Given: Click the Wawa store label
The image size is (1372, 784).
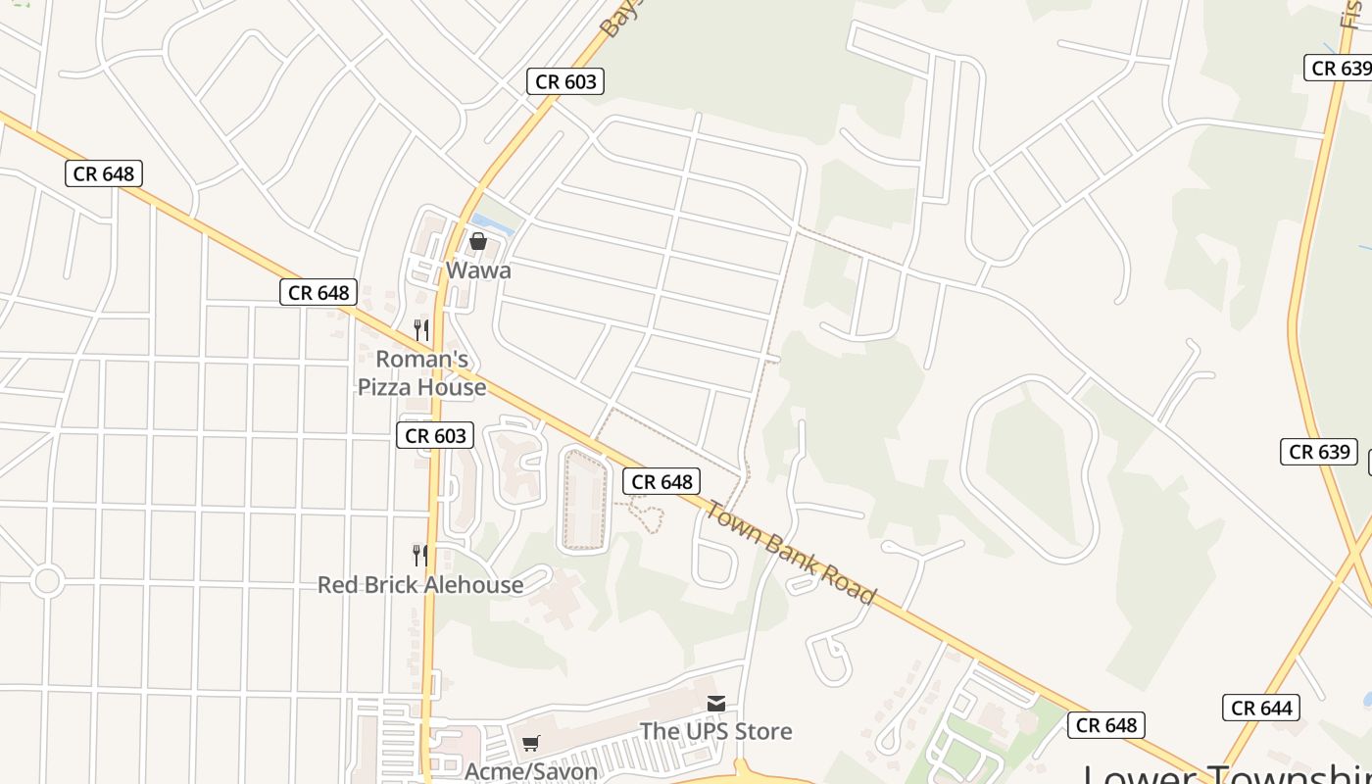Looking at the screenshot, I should point(478,269).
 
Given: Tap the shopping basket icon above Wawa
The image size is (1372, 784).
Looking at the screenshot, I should point(478,241).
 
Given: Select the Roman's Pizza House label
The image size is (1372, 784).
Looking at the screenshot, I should point(421,373).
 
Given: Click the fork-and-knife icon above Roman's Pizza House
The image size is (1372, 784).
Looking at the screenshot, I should point(421,330).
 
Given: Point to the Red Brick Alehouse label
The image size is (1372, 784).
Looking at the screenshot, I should point(420,585).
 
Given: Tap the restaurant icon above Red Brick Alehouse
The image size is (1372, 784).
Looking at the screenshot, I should point(420,556).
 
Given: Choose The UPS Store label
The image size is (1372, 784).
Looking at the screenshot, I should point(715,731).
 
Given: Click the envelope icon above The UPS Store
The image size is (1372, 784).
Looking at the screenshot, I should point(716,704).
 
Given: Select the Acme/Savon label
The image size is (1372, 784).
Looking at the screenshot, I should point(531,771).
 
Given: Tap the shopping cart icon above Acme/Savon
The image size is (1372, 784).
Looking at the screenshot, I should point(530,744).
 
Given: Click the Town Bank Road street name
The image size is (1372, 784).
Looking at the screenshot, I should point(792,553).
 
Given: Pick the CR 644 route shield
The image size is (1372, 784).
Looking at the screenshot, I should point(1262,708).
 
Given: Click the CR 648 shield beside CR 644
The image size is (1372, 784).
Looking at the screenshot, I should point(1106,725).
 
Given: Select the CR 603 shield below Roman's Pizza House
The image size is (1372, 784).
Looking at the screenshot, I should point(435,435).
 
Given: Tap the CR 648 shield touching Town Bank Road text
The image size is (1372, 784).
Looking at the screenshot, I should point(662,481).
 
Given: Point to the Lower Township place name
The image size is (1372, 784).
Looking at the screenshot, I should point(1225,774).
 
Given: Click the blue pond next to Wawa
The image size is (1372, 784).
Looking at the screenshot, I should point(493,224).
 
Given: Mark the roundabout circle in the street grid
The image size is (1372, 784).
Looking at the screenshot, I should point(46,581).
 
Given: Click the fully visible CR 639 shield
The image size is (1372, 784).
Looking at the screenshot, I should point(1319,452).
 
